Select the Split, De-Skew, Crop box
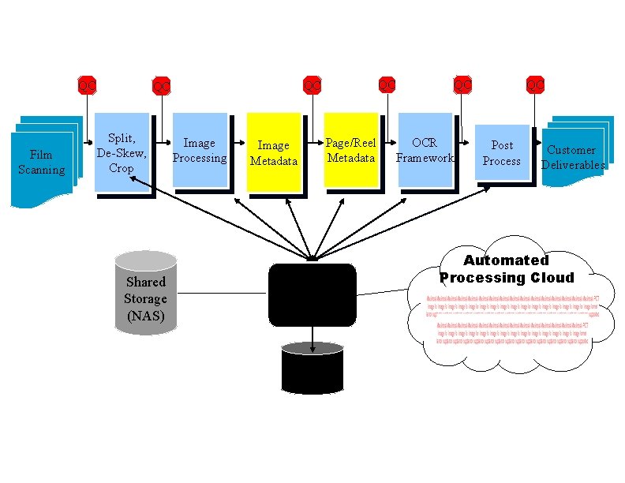click(x=122, y=152)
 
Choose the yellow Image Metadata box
click(x=274, y=153)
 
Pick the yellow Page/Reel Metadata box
click(x=351, y=151)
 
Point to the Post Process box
click(x=502, y=153)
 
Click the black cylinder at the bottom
click(x=312, y=369)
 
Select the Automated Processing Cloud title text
click(x=506, y=269)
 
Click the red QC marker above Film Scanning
click(x=87, y=84)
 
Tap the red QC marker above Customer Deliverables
click(x=535, y=84)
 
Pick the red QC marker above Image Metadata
click(x=313, y=84)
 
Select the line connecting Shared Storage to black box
click(x=217, y=293)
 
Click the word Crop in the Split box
click(x=122, y=168)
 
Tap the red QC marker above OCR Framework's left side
click(x=387, y=84)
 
